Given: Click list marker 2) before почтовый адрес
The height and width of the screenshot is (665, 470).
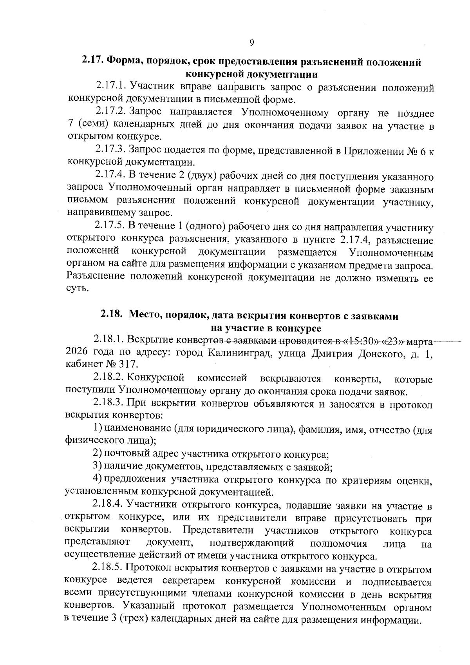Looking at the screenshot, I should [x=98, y=454].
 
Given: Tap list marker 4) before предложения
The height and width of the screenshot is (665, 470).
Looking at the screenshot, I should [x=98, y=479].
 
